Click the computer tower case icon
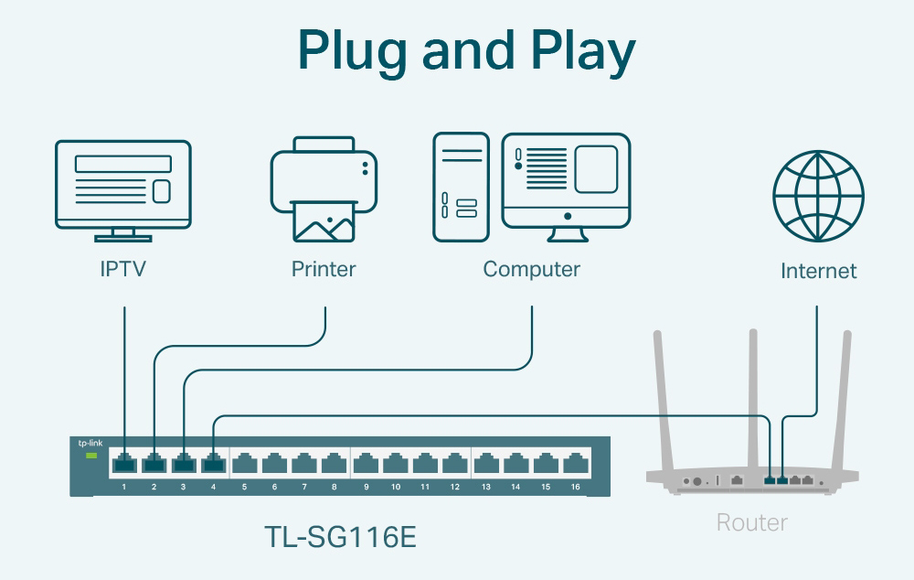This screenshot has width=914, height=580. tap(461, 187)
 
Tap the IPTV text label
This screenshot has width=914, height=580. tap(123, 269)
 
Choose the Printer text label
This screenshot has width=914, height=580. tap(324, 269)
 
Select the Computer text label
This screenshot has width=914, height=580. tap(531, 269)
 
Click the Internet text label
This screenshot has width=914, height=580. tap(818, 271)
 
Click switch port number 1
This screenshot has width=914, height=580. tap(124, 464)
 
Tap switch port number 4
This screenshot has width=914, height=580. tap(214, 464)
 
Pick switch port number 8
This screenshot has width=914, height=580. tap(334, 464)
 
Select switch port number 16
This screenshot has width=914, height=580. tap(574, 464)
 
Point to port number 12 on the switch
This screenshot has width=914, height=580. tap(454, 464)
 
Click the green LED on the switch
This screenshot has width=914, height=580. tap(90, 455)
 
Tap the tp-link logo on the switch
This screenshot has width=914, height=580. tap(90, 442)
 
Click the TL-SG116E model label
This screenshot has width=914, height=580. tap(339, 537)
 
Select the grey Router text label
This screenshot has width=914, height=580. tap(751, 522)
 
